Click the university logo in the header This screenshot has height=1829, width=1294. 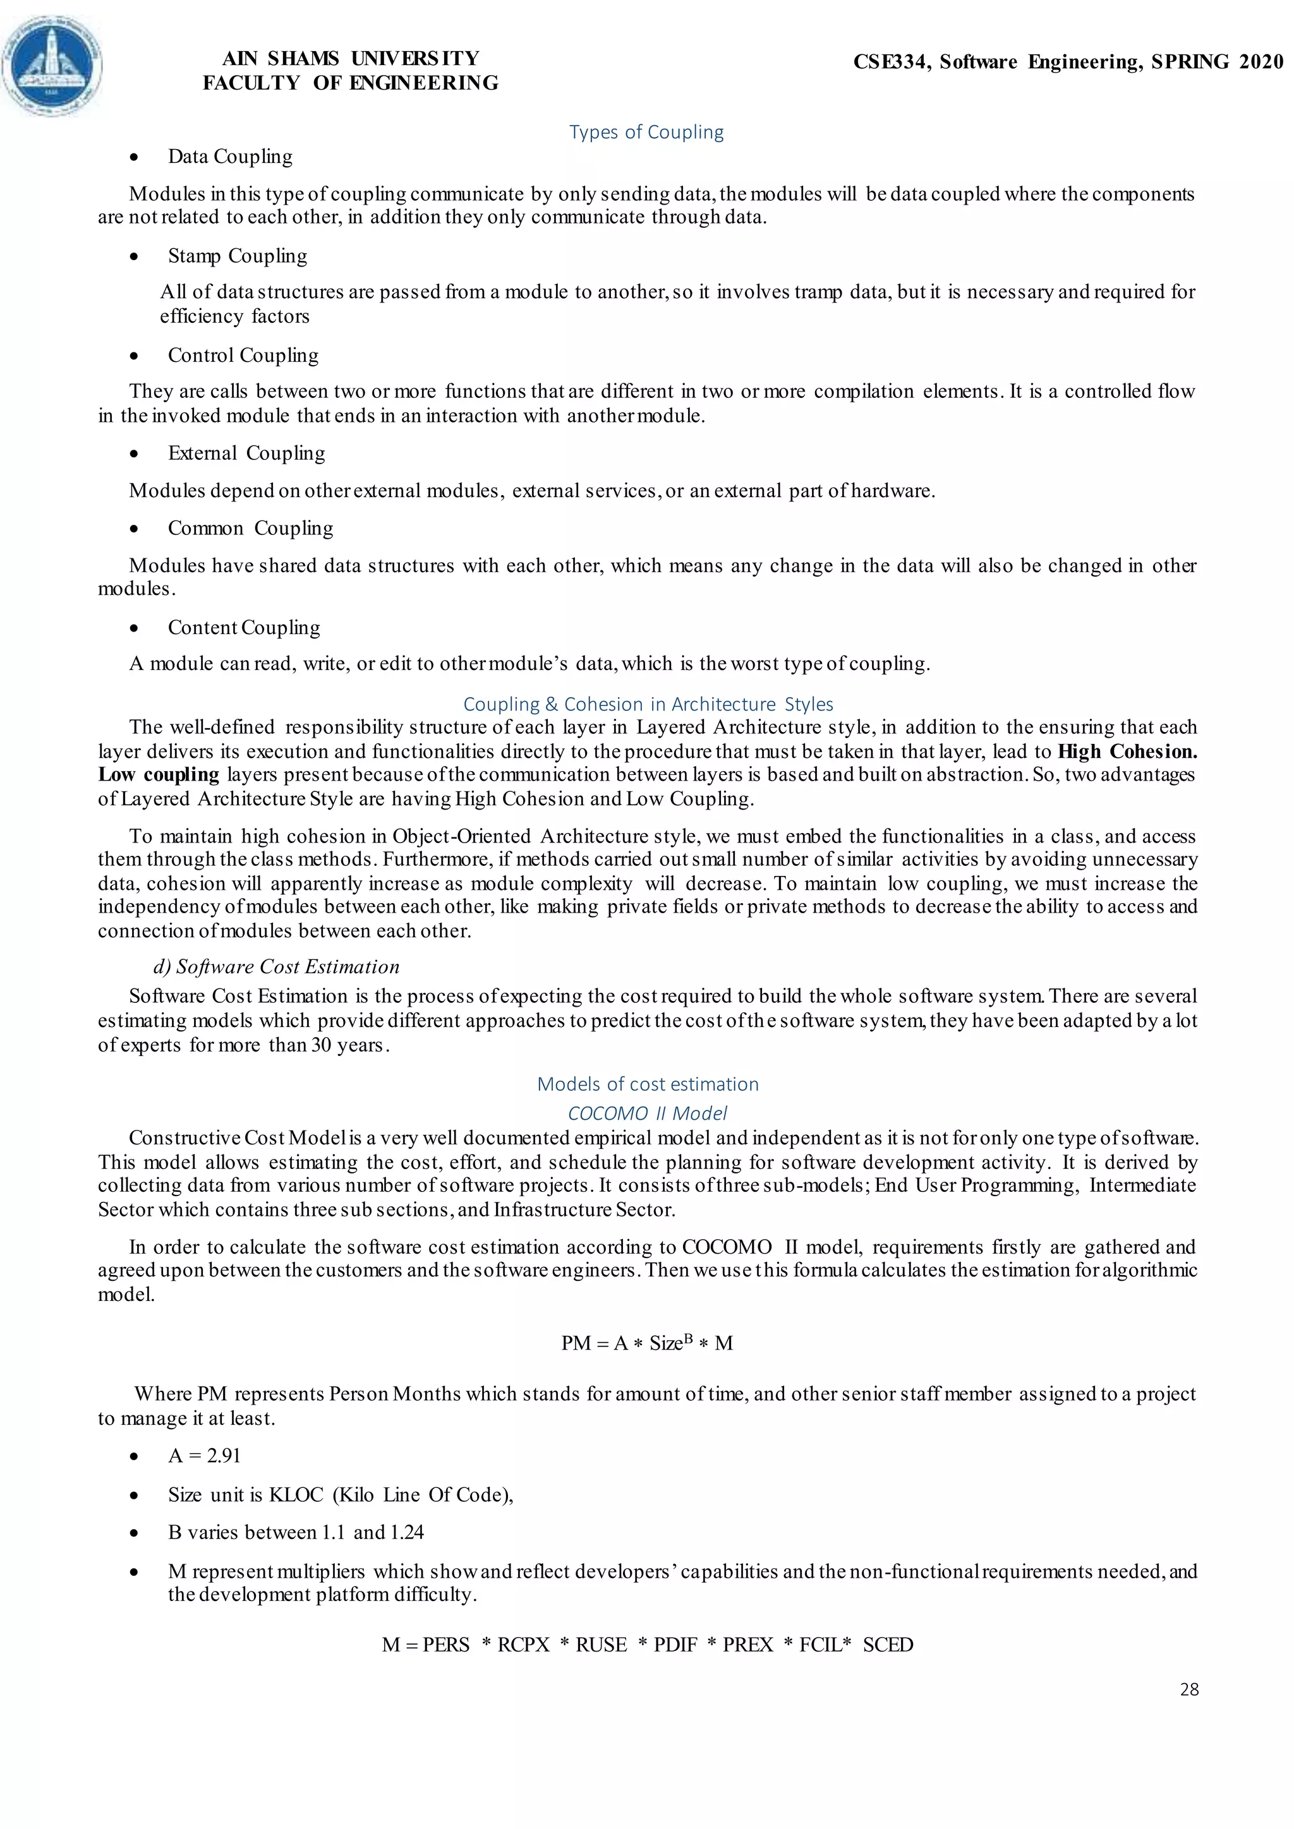52,66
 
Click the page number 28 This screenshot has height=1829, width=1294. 1189,1689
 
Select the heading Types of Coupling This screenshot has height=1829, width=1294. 646,132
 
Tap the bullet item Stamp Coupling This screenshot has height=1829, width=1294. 237,256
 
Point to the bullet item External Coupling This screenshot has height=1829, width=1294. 246,453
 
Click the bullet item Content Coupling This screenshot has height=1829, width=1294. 244,628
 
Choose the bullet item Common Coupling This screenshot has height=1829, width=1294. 250,528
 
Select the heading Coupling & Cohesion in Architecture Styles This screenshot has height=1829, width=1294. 648,704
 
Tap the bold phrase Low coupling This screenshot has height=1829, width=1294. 159,775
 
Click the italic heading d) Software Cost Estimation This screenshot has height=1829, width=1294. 275,967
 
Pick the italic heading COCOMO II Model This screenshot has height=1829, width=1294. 647,1113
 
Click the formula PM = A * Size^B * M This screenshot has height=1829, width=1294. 646,1344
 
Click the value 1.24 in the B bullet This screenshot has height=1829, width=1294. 406,1533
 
